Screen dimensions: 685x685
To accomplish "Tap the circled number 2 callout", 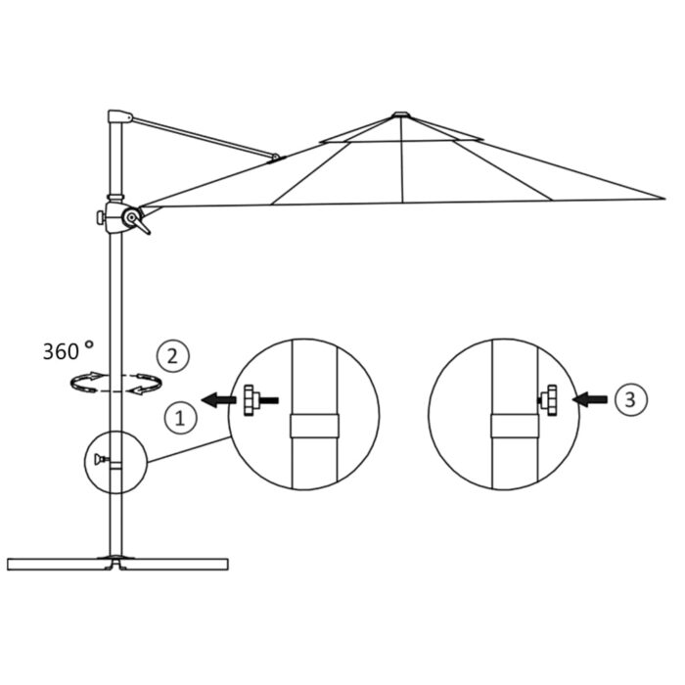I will tap(172, 356).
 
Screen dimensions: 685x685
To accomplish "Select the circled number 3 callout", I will tap(629, 398).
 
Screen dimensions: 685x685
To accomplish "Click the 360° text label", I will tap(68, 350).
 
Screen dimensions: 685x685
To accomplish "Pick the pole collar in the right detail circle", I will tap(513, 429).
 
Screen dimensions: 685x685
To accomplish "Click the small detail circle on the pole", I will tap(114, 461).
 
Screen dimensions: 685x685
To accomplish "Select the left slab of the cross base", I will tap(54, 564).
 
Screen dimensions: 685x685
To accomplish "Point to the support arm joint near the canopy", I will tap(277, 156).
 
